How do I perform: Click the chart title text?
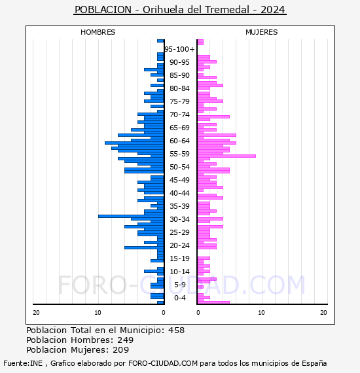(180, 10)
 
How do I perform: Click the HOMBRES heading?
(98, 32)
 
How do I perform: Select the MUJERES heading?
(262, 32)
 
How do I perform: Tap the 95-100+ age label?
(179, 49)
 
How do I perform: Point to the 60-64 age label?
(179, 141)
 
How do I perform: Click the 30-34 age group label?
(179, 219)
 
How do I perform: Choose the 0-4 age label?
(179, 298)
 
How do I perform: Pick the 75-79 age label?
(179, 101)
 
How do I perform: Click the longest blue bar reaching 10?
(131, 216)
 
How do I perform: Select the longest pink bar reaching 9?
(226, 156)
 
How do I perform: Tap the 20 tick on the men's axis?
(36, 313)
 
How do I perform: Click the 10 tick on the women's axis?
(261, 313)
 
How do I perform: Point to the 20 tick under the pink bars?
(323, 313)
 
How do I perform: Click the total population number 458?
(176, 330)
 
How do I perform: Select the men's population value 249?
(126, 340)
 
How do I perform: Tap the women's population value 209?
(121, 349)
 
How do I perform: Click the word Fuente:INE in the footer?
(23, 363)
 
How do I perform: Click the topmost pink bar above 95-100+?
(200, 42)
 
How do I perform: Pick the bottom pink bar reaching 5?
(213, 302)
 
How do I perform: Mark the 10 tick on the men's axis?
(98, 313)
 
